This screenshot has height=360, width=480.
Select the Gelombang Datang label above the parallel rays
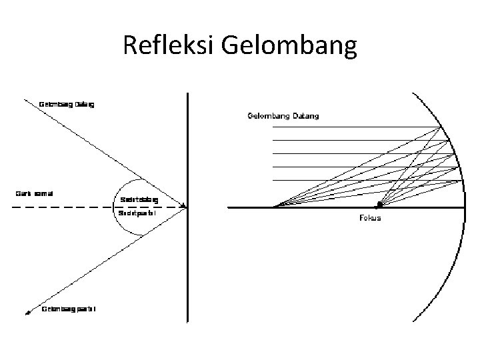coord(283,116)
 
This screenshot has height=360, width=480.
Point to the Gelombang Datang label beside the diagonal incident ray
coord(67,105)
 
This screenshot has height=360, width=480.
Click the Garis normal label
coord(35,194)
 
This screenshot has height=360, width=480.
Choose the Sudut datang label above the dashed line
coord(139,199)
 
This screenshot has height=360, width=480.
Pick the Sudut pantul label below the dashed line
coord(139,214)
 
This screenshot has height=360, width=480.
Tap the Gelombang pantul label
coord(69,309)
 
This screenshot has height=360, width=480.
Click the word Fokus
coord(370,218)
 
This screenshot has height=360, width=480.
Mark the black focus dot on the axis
coord(379,204)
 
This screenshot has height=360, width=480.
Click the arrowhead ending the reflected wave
coord(28,311)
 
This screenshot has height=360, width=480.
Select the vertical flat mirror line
coord(188,267)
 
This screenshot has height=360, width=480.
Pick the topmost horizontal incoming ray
coord(353,127)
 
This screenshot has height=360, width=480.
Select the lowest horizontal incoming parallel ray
coord(360,181)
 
